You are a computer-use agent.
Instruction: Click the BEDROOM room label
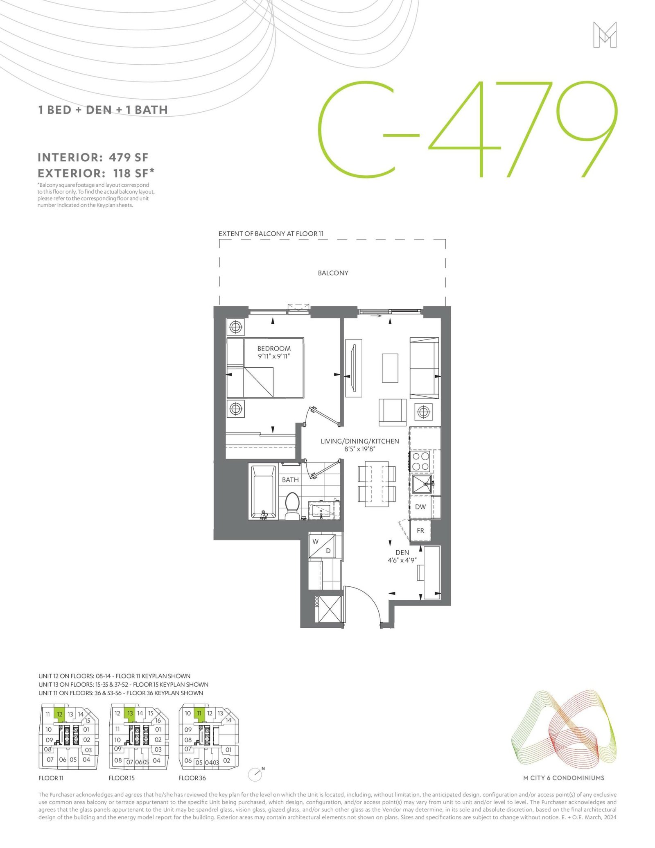(x=274, y=348)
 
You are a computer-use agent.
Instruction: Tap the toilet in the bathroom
(x=291, y=506)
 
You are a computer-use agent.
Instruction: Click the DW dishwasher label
(x=420, y=507)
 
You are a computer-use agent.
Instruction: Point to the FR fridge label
(x=420, y=530)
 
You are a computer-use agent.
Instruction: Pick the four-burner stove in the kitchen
(x=421, y=461)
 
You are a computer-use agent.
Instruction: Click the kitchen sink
(x=422, y=484)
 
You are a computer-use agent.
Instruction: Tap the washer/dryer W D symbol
(x=322, y=546)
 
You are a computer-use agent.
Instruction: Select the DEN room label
(x=402, y=552)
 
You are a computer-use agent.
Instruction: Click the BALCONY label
(x=333, y=273)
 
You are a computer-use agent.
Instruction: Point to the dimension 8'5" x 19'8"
(x=360, y=449)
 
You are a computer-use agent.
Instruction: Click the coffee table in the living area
(x=390, y=368)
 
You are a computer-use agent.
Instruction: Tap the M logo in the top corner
(x=605, y=35)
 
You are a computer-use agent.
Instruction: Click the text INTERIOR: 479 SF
(x=93, y=157)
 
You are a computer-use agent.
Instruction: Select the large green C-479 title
(x=468, y=129)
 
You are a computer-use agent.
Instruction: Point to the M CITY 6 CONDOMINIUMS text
(x=564, y=778)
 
